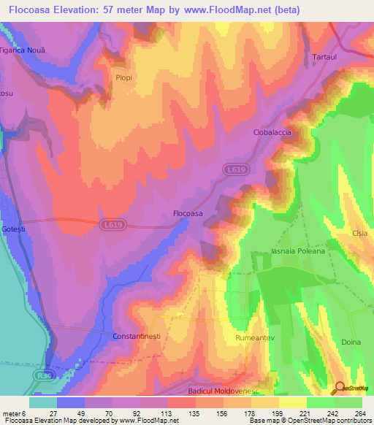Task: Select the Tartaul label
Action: [324, 57]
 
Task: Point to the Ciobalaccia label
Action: [272, 132]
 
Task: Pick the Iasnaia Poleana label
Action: [297, 250]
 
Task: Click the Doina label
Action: [351, 342]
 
